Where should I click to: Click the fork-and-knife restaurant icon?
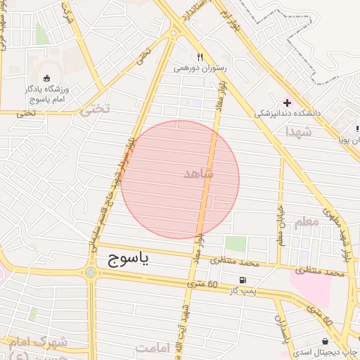(x=200, y=58)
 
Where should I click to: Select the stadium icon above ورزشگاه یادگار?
(x=46, y=78)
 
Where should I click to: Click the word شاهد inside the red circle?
(x=198, y=173)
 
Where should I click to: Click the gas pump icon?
(x=243, y=280)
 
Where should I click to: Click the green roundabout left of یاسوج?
(x=91, y=272)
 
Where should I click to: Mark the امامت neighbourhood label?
(x=155, y=348)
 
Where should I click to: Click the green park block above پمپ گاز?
(x=236, y=244)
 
